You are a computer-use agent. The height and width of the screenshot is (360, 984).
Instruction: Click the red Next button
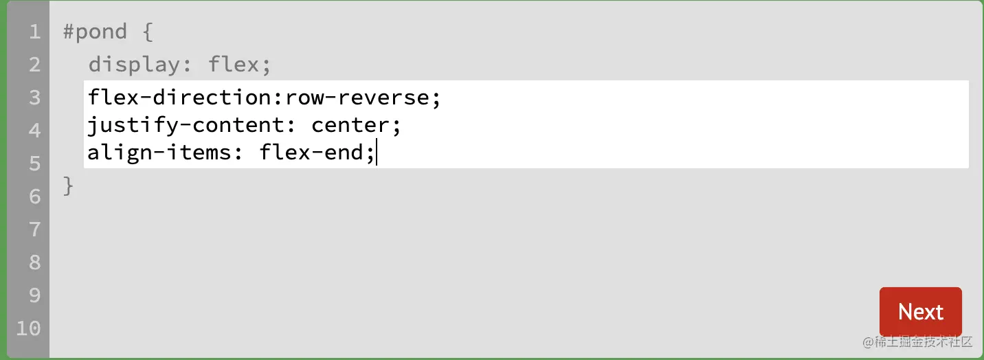[x=920, y=312]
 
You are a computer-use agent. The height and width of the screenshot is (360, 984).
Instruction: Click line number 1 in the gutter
[x=34, y=32]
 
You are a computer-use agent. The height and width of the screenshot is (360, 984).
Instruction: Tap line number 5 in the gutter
[x=34, y=164]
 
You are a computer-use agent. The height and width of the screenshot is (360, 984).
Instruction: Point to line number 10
[x=28, y=328]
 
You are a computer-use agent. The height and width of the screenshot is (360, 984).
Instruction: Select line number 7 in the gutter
[x=34, y=229]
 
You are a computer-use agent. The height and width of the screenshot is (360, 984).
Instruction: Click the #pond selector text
[x=95, y=32]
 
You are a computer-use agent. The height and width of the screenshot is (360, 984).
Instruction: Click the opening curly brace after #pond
[x=147, y=32]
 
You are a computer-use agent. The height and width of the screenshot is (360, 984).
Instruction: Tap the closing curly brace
[x=68, y=185]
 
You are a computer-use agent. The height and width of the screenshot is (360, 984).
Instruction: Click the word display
[x=134, y=65]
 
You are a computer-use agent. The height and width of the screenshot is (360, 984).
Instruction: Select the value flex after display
[x=234, y=65]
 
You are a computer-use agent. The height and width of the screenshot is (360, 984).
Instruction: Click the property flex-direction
[x=181, y=98]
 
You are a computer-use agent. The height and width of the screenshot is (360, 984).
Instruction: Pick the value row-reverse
[x=357, y=98]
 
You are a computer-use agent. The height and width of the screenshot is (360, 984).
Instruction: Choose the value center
[x=350, y=125]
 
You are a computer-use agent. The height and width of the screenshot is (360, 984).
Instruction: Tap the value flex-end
[x=311, y=153]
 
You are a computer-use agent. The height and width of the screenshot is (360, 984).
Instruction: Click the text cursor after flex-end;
[x=377, y=153]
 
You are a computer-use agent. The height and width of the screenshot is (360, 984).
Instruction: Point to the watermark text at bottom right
[x=918, y=341]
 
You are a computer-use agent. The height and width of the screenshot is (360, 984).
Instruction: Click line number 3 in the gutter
[x=34, y=98]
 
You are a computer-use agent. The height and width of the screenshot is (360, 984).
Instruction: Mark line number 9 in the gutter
[x=34, y=295]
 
